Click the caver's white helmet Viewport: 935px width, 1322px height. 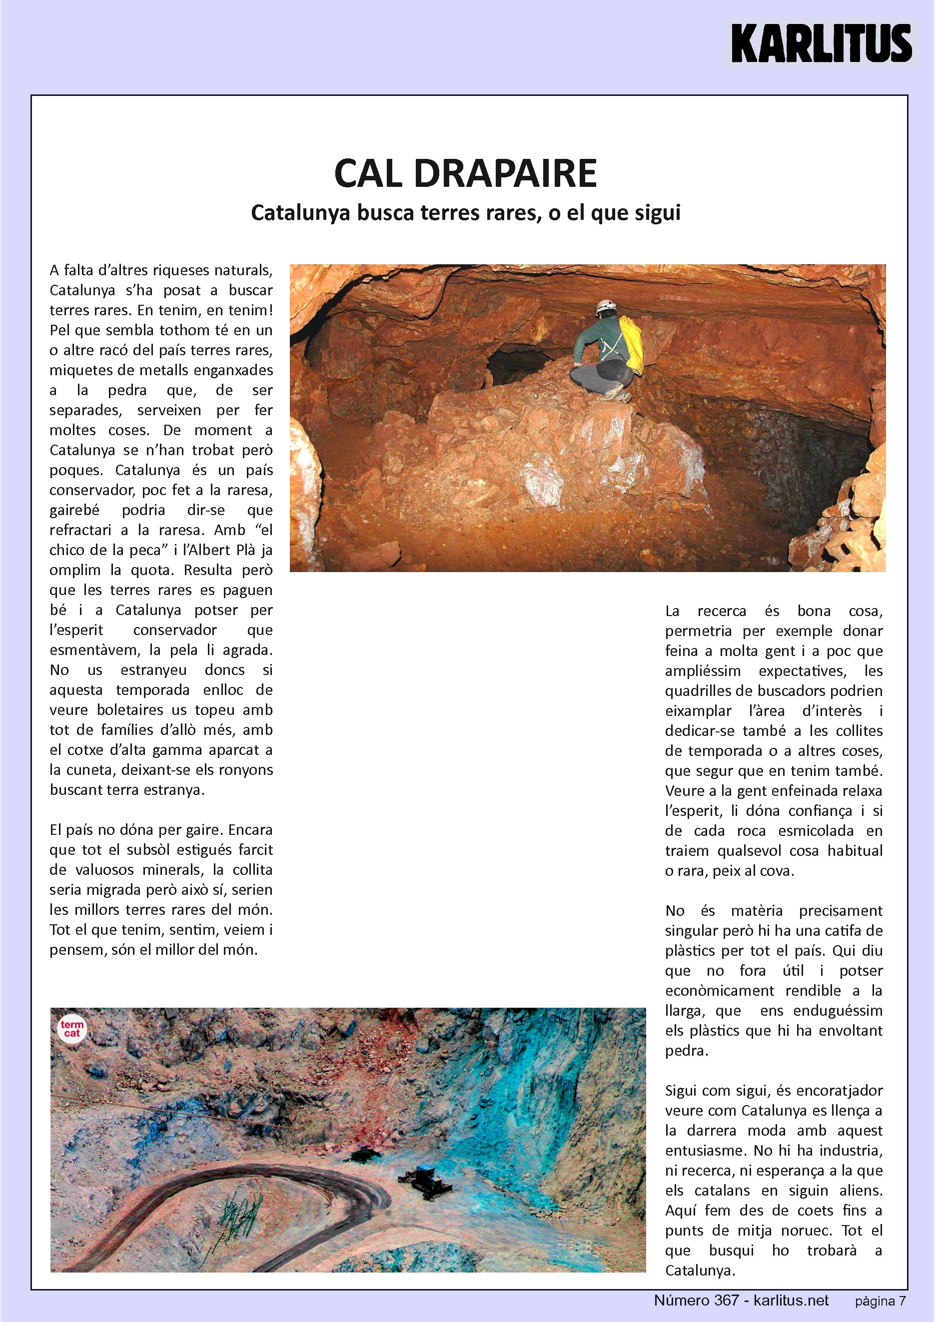coord(605,306)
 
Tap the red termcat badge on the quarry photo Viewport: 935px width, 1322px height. coord(72,1028)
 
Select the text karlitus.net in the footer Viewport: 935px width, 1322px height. coord(791,1300)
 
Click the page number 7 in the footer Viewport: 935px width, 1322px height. coord(902,1302)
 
